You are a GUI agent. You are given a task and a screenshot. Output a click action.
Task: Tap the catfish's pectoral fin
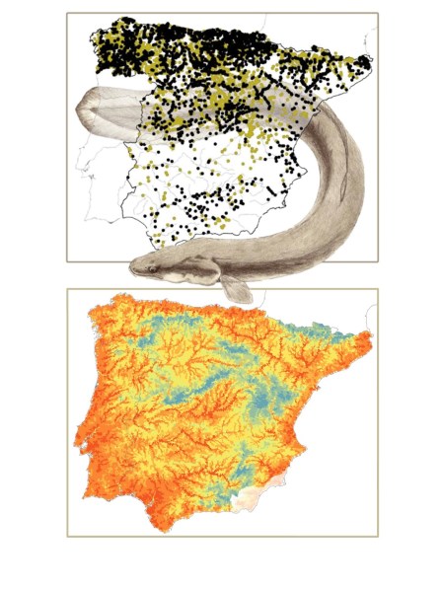click(x=234, y=287)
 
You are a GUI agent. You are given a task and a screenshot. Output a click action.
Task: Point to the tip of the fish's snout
click(x=131, y=267)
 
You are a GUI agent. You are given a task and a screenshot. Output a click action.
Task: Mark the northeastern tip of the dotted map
click(x=372, y=62)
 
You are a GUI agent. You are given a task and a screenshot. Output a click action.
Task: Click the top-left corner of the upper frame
click(x=67, y=13)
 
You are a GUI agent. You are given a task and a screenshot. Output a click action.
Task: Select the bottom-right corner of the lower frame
click(x=377, y=536)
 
